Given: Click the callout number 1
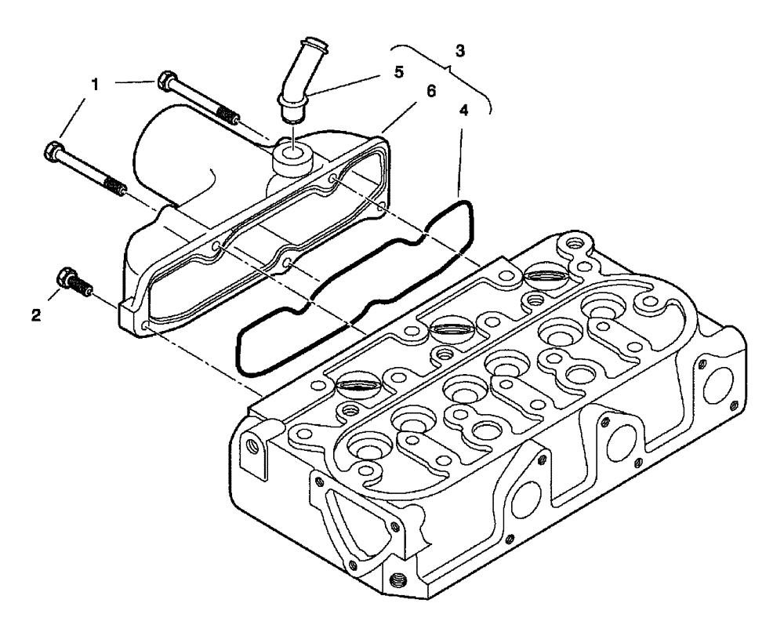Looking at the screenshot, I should [x=95, y=82].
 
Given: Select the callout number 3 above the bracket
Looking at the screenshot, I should [x=460, y=51].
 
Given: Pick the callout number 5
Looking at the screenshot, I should [x=399, y=72].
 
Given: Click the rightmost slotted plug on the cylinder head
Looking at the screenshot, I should [x=542, y=275].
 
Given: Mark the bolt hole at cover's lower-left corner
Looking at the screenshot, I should [x=147, y=324].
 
